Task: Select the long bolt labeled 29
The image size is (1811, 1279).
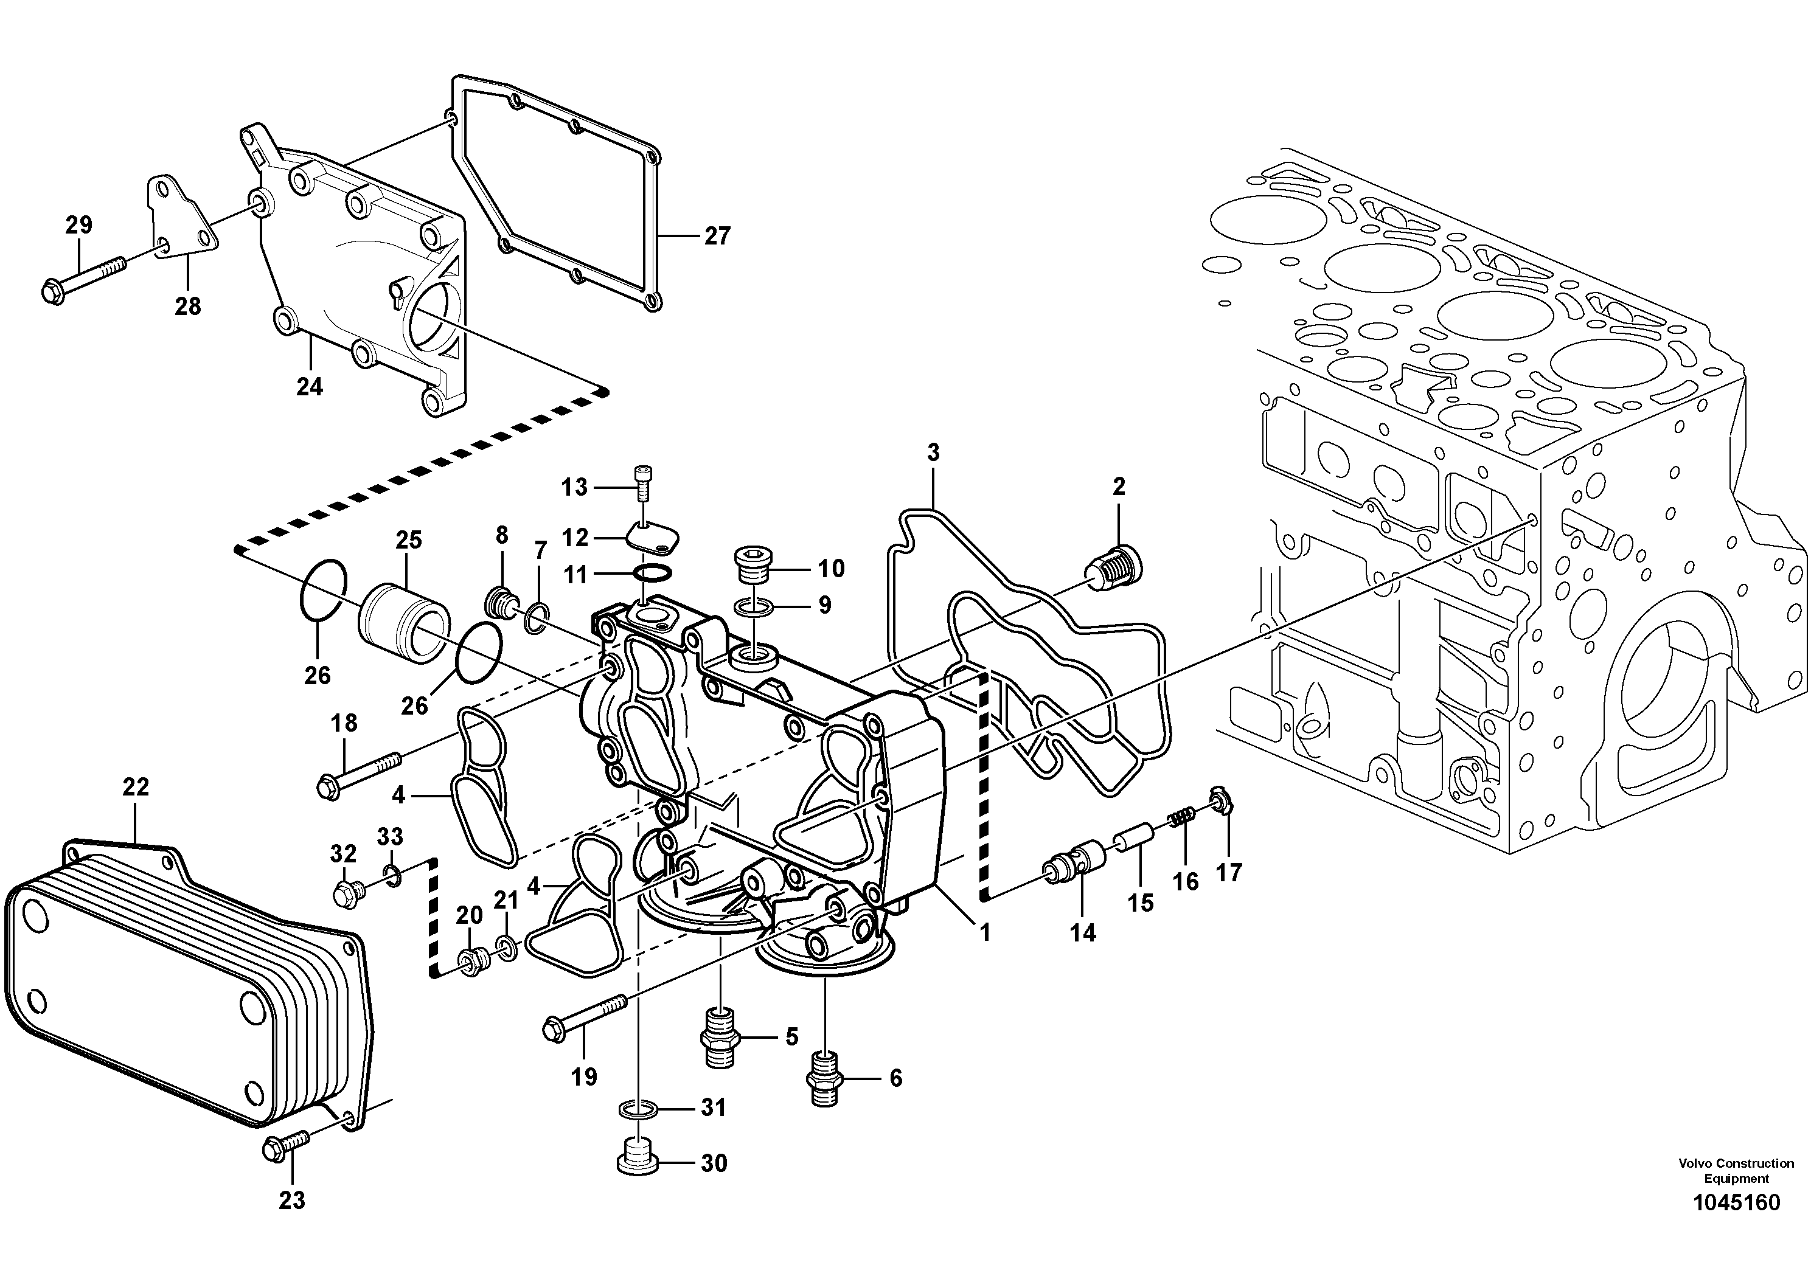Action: (83, 279)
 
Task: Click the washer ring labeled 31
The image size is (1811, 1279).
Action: (639, 1109)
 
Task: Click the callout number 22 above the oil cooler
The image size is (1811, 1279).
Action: (136, 786)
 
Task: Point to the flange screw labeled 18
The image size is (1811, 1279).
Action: (359, 774)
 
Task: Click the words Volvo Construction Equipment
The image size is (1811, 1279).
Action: (1736, 1171)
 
